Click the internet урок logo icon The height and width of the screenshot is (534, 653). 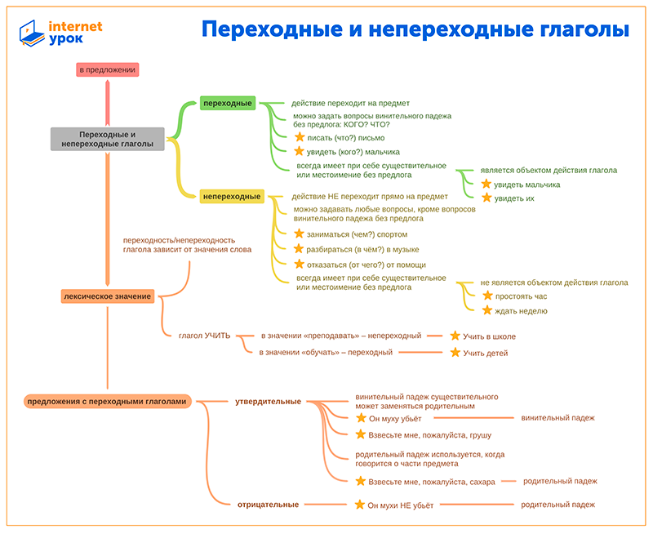(x=32, y=33)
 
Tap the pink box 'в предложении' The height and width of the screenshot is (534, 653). (x=108, y=69)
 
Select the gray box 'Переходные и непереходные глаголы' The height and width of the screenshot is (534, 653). (x=108, y=139)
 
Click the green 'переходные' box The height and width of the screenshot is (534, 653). (x=228, y=103)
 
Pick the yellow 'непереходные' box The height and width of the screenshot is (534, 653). (x=232, y=196)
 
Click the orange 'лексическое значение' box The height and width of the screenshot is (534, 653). (x=108, y=296)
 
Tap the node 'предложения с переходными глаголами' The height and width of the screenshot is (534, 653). (x=107, y=402)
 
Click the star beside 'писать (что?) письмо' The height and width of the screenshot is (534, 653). (x=300, y=137)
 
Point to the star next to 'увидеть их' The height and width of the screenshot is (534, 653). (x=486, y=198)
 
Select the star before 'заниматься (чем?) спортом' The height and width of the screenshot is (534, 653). (x=299, y=234)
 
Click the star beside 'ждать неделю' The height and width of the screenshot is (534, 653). (x=486, y=310)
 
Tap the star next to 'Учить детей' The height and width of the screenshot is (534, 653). (x=455, y=353)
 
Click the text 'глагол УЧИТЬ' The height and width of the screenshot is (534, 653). (x=205, y=336)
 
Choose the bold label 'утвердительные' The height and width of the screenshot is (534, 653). (x=269, y=402)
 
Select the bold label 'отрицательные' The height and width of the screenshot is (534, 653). (x=269, y=505)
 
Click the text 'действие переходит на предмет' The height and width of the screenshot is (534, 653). (x=350, y=104)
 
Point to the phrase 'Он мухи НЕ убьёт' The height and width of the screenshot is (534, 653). (x=400, y=505)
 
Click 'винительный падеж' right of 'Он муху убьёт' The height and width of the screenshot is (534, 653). (x=557, y=418)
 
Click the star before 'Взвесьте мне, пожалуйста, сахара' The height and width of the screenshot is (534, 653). (x=361, y=481)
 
